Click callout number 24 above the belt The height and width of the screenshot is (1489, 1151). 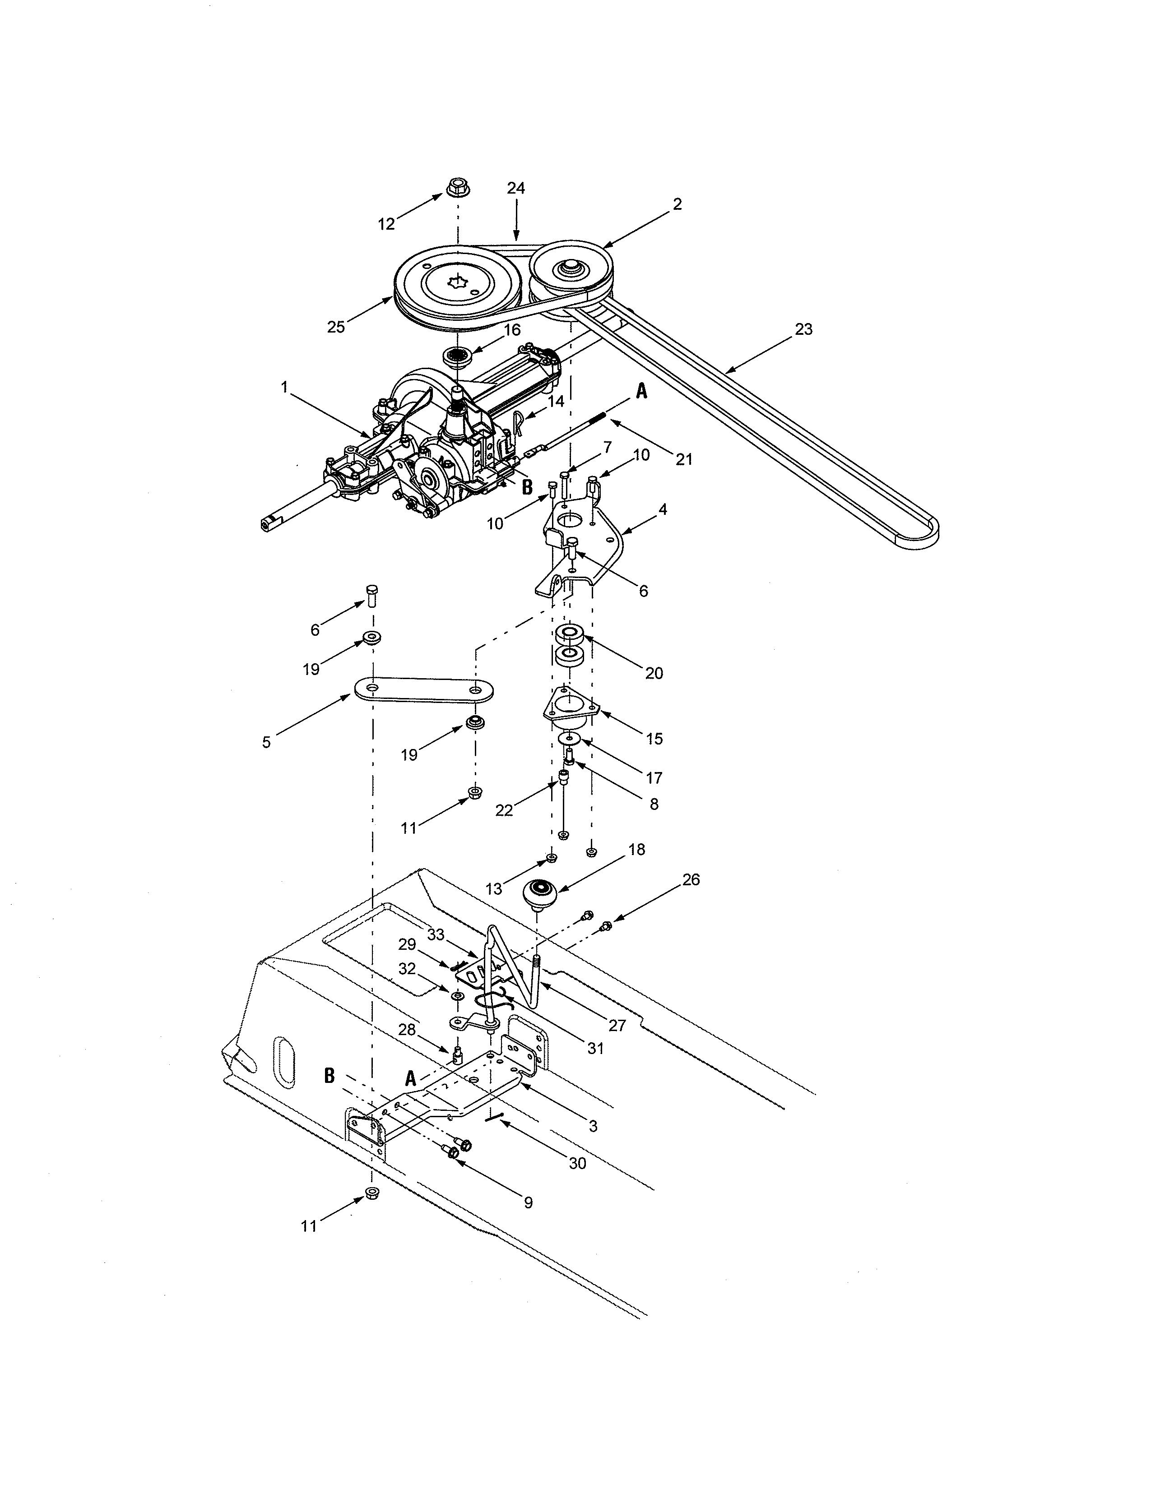coord(516,188)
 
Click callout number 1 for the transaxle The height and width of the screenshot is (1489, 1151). coord(284,387)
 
